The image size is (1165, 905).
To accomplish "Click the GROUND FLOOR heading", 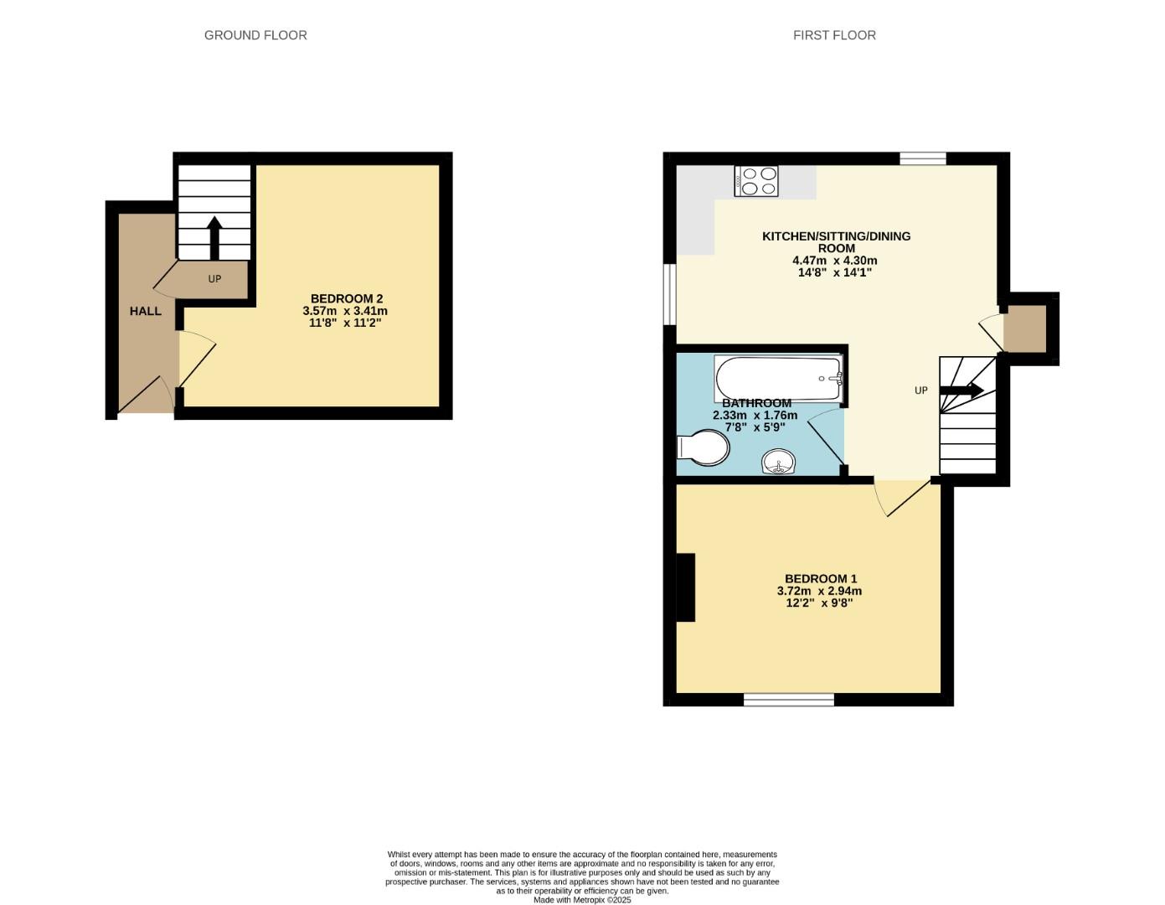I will (255, 35).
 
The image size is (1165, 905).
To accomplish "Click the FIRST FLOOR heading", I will (834, 35).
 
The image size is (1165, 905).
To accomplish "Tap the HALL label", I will (145, 311).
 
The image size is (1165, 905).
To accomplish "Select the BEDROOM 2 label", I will (346, 298).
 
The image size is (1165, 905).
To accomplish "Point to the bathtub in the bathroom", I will (778, 378).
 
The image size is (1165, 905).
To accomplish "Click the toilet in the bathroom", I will (704, 447).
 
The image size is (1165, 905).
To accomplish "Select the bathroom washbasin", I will (779, 462).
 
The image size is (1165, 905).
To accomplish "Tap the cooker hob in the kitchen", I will (756, 181).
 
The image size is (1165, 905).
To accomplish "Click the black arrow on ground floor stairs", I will (214, 237).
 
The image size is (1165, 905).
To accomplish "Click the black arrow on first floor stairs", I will (962, 390).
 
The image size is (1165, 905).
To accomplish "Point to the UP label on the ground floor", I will (214, 279).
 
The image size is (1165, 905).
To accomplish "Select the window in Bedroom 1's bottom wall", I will (788, 700).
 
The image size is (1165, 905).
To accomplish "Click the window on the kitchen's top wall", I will (923, 158).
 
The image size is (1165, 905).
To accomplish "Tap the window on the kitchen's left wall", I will (669, 293).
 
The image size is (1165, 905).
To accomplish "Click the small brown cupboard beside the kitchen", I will (1025, 328).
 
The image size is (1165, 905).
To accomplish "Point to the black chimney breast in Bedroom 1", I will (685, 587).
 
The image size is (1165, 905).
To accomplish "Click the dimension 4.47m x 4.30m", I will (835, 261).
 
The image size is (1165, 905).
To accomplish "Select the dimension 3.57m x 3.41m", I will (345, 311).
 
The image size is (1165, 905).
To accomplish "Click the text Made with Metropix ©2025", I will (582, 900).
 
